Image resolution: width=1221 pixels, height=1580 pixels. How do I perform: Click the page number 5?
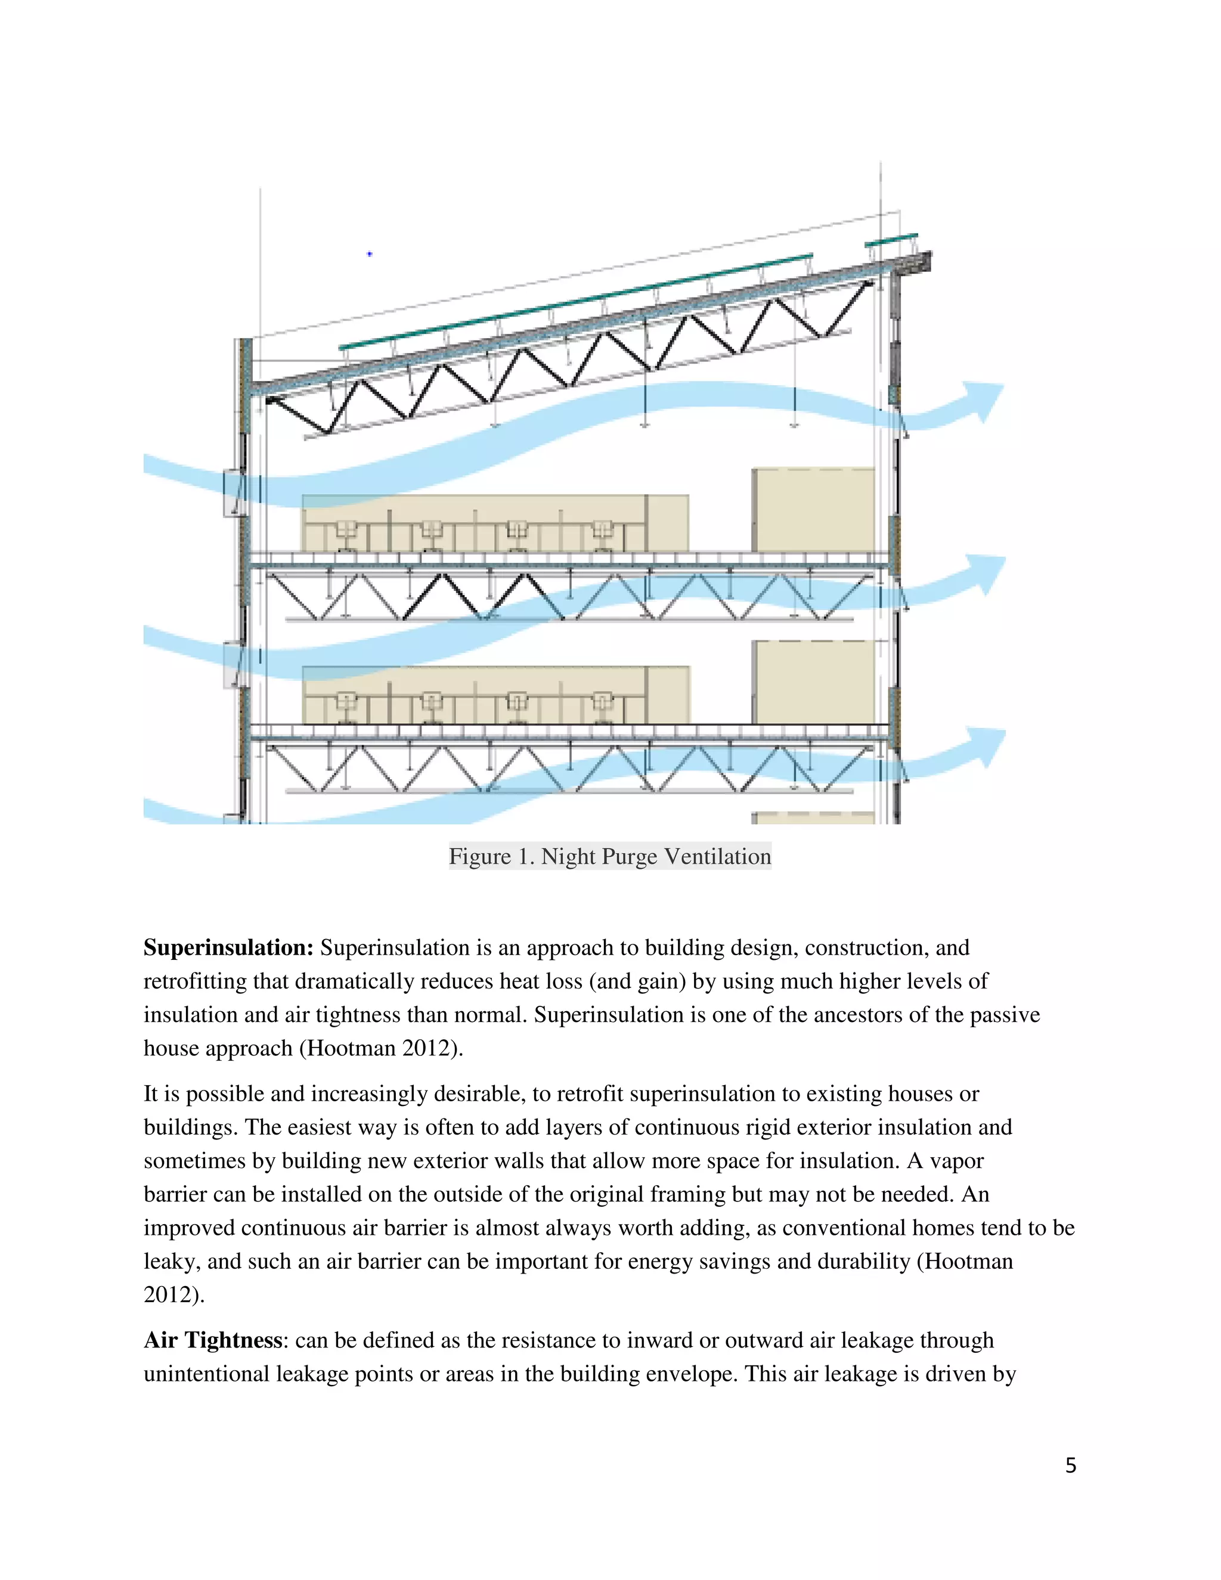[1071, 1465]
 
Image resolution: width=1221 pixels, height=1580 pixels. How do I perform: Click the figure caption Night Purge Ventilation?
[610, 857]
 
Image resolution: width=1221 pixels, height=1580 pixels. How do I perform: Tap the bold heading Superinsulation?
[228, 948]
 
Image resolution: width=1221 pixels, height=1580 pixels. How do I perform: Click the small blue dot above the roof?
[370, 254]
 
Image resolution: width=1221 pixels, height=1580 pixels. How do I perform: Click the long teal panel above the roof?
[575, 302]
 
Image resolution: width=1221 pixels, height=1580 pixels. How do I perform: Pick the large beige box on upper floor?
[813, 509]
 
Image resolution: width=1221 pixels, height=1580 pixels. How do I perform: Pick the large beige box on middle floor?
[813, 681]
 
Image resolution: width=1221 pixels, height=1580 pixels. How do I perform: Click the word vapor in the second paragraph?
[956, 1161]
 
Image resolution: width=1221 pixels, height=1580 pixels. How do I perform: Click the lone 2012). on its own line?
[173, 1295]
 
